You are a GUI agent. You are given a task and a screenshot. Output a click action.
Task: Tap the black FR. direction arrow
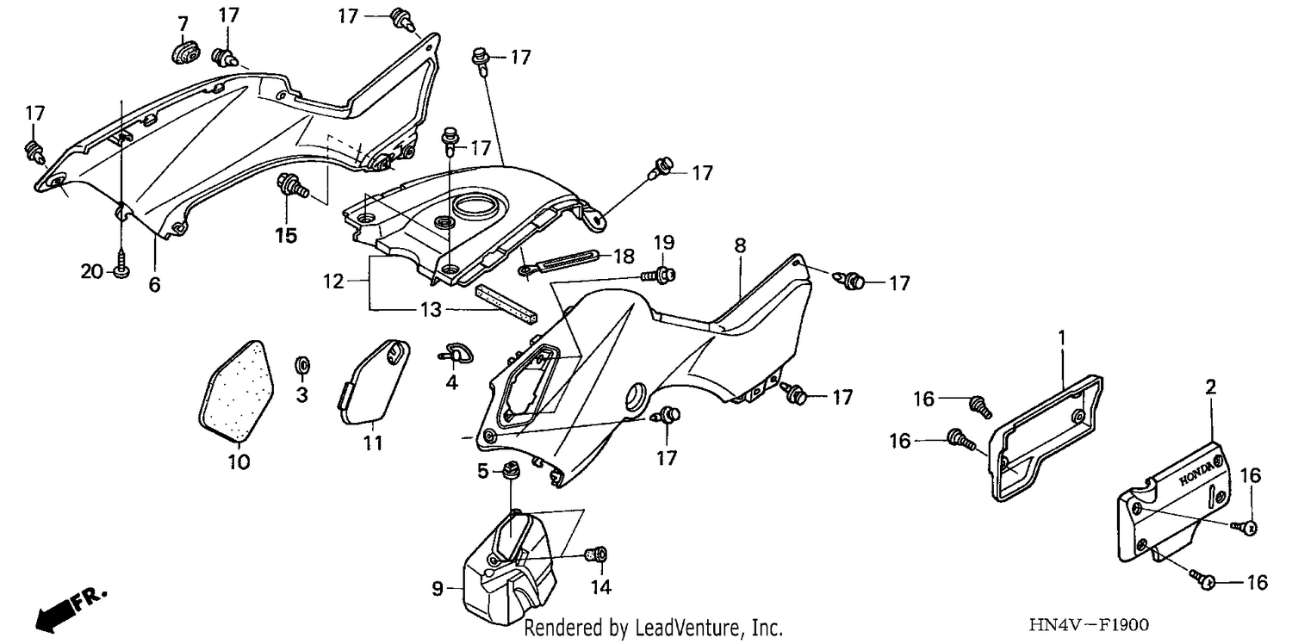pyautogui.click(x=71, y=609)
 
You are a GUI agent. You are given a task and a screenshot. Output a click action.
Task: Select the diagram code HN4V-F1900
pyautogui.click(x=1089, y=624)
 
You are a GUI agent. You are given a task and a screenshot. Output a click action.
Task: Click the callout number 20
pyautogui.click(x=91, y=271)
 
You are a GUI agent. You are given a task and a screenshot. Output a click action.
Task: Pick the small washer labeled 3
pyautogui.click(x=302, y=365)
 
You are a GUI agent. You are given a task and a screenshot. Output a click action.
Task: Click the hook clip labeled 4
pyautogui.click(x=455, y=353)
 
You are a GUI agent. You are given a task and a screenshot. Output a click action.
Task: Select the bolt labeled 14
pyautogui.click(x=596, y=555)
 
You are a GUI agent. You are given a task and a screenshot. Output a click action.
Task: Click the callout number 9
pyautogui.click(x=438, y=589)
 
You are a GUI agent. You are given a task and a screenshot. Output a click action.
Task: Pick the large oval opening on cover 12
pyautogui.click(x=476, y=207)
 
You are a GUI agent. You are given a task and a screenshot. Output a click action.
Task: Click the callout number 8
pyautogui.click(x=740, y=245)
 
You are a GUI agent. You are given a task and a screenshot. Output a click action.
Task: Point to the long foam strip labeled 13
pyautogui.click(x=506, y=305)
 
